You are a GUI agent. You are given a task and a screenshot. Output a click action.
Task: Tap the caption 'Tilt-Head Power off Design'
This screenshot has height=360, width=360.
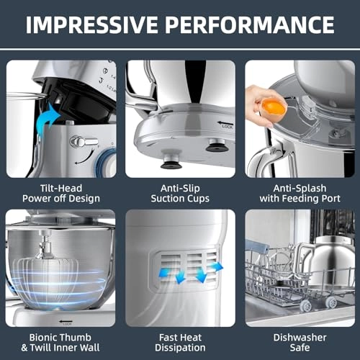tap(60, 192)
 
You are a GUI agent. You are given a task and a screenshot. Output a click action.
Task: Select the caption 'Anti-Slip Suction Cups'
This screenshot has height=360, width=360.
tap(180, 192)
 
